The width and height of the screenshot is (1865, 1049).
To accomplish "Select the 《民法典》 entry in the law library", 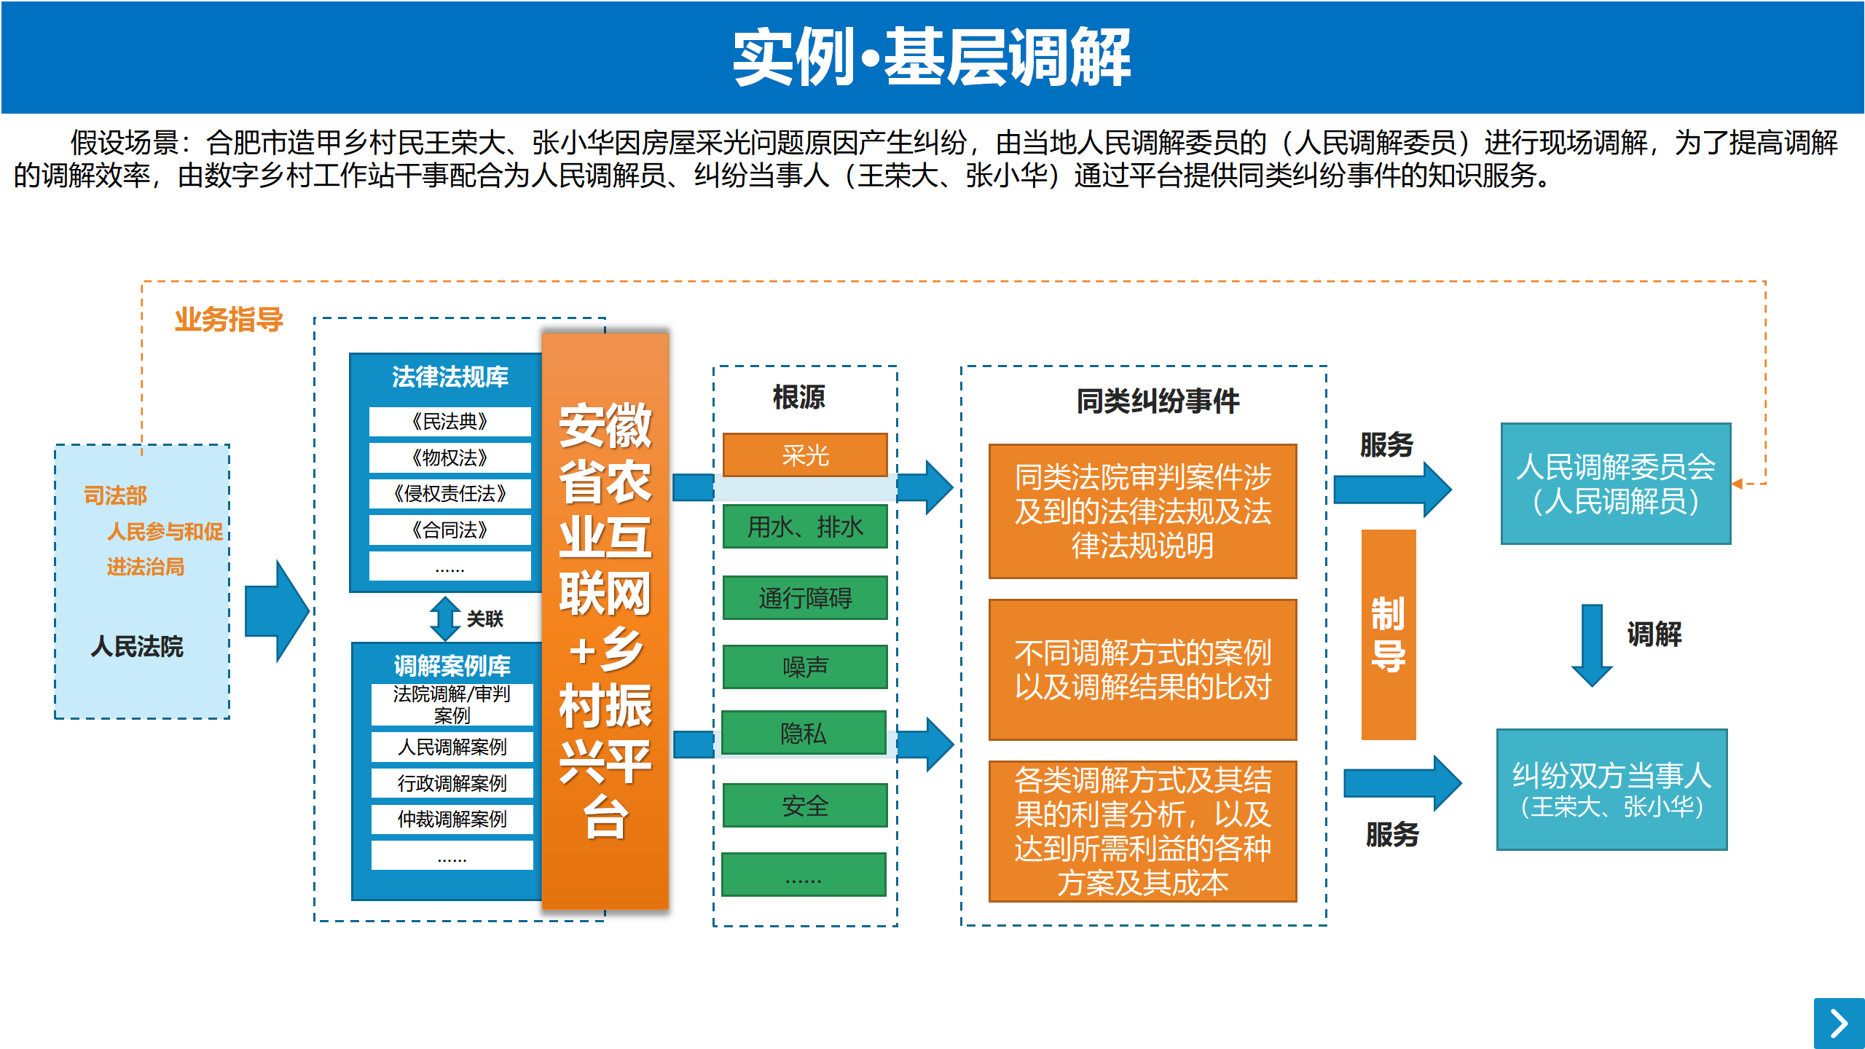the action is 449,421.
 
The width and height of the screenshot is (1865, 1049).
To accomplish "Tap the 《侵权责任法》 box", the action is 449,493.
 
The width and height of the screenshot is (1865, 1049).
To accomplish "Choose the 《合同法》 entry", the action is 449,530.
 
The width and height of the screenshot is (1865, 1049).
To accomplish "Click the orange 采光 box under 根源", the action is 805,455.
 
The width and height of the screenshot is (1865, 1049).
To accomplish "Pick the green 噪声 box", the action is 805,667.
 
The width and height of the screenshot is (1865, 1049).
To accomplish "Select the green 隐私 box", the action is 804,733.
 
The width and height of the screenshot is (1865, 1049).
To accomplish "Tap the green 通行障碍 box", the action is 805,598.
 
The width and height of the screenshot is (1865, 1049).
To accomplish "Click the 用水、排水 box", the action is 805,527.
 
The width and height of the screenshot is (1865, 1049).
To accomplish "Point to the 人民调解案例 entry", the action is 452,747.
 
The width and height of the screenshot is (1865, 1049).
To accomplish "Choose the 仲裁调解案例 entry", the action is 452,819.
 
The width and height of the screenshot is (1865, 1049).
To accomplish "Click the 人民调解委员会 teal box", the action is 1616,484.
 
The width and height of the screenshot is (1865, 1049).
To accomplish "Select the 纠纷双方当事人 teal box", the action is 1611,790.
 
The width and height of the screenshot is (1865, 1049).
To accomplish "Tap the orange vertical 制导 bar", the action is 1389,634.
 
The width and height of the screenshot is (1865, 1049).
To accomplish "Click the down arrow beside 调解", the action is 1592,645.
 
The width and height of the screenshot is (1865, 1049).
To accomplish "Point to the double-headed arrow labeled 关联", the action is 444,618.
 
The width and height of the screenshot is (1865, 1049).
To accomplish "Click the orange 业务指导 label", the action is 229,320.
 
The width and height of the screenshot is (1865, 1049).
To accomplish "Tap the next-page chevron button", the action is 1839,1024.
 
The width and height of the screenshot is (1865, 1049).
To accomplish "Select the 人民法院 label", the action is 137,646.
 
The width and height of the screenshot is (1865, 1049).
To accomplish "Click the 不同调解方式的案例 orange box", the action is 1142,669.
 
